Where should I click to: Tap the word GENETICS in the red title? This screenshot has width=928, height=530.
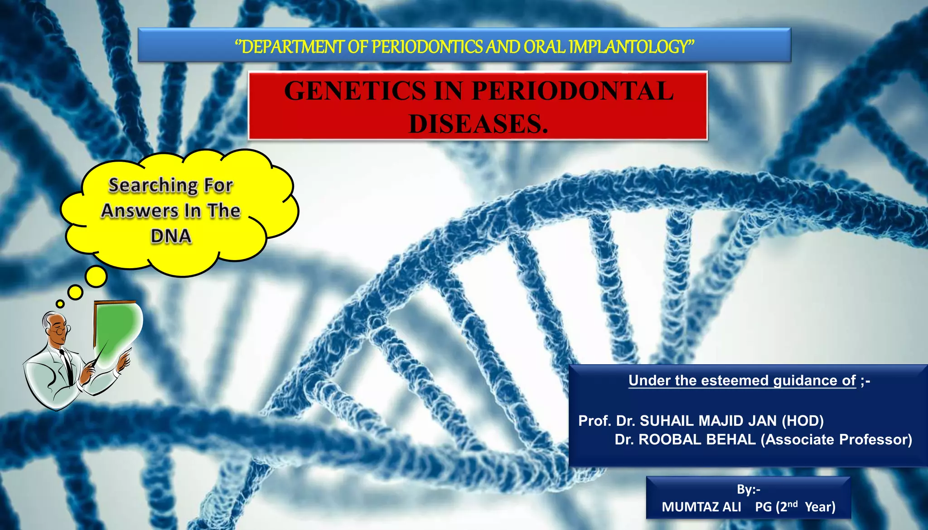(355, 91)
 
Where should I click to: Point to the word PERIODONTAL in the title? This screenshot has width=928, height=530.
(572, 91)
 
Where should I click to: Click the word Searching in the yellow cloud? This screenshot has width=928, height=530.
(152, 185)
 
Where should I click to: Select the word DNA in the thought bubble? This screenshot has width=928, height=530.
(171, 236)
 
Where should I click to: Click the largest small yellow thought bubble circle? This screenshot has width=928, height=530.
(96, 276)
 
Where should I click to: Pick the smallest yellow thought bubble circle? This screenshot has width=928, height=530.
(60, 304)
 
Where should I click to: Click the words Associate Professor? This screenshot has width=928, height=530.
(836, 439)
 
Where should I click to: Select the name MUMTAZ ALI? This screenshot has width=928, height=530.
(701, 507)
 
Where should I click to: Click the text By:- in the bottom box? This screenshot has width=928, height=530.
(748, 490)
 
